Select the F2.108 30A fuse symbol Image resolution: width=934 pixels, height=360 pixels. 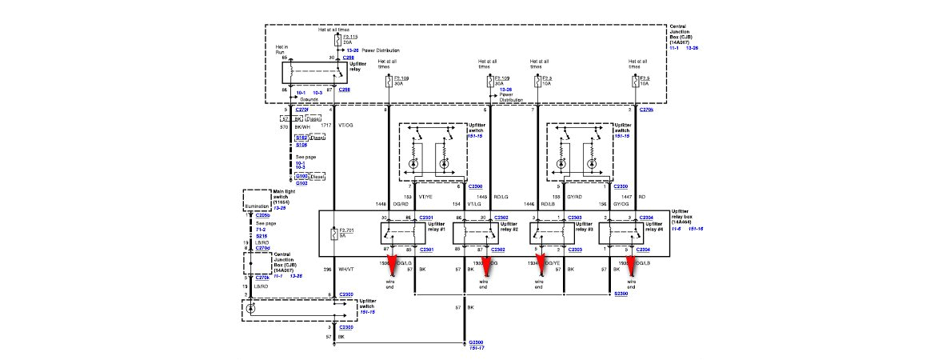(x=389, y=81)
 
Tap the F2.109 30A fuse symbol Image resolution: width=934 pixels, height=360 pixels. (x=489, y=81)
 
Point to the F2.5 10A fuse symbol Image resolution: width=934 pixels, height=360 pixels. (x=636, y=81)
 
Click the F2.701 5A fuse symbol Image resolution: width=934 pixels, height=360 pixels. (x=334, y=234)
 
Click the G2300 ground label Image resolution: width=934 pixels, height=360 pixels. (x=477, y=341)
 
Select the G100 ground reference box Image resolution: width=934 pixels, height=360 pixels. (x=301, y=175)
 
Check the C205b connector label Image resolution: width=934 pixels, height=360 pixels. (x=264, y=216)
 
